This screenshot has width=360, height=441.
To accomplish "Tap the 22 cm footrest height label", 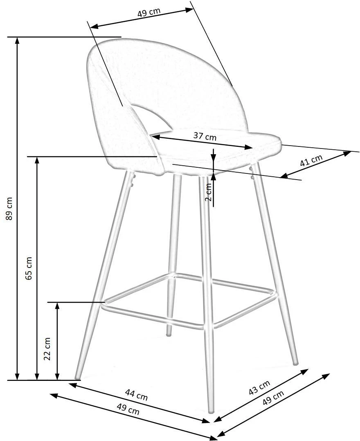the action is [x=47, y=349].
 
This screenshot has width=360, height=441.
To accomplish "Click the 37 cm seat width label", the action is [x=205, y=136].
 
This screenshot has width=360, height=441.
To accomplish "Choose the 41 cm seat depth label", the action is [x=311, y=160].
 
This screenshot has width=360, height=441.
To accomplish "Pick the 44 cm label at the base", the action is [x=136, y=395].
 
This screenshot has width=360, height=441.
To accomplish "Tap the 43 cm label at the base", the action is [x=259, y=387].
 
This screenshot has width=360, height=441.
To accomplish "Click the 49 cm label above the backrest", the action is [x=149, y=13].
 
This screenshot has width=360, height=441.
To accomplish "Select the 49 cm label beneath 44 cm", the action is [x=128, y=409].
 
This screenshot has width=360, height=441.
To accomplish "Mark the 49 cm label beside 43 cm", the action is [x=273, y=397].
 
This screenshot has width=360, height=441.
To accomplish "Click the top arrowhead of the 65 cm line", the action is [x=37, y=160].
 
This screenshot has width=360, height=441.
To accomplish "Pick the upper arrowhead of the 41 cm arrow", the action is [x=348, y=153].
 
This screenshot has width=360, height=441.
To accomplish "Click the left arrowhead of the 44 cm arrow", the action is [x=72, y=385].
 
